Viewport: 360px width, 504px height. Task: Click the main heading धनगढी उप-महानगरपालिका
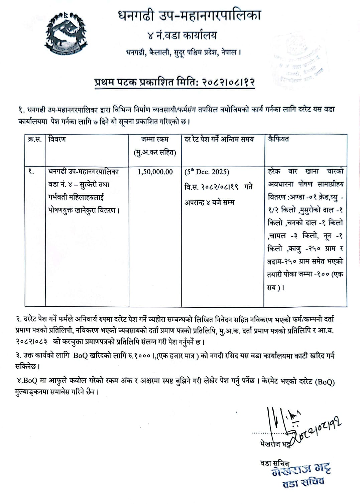[189, 16]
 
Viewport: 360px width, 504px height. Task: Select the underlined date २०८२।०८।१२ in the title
[228, 83]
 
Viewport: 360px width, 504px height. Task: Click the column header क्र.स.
[34, 139]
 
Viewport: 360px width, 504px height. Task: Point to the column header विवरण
[57, 139]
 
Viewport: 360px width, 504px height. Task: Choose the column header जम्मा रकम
[155, 139]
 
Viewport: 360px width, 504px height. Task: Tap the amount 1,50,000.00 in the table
[155, 172]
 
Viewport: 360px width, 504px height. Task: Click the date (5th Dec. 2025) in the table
[207, 172]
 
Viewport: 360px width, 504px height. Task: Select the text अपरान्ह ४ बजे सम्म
[209, 202]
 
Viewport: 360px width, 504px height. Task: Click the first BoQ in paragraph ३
[80, 356]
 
